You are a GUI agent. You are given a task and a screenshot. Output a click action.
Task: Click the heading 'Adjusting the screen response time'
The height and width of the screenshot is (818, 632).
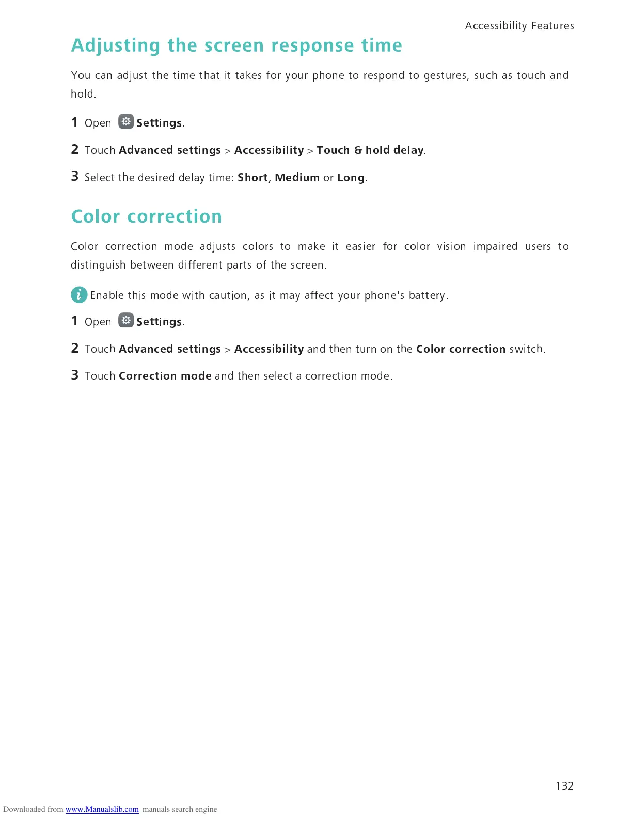236,45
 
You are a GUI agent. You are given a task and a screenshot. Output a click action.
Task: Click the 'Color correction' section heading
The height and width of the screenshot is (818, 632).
147,216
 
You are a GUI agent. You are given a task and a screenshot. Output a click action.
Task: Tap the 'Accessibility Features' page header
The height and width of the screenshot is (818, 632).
519,26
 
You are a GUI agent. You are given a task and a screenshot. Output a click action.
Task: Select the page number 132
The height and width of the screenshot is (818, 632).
564,785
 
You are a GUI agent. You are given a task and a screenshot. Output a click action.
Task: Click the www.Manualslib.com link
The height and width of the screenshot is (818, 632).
102,809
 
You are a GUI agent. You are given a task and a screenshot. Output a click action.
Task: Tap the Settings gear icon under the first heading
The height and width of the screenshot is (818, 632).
125,121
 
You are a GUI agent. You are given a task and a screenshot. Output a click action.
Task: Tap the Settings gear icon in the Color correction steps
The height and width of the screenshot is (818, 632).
125,320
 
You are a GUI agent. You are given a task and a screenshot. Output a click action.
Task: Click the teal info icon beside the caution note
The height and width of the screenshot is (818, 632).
78,295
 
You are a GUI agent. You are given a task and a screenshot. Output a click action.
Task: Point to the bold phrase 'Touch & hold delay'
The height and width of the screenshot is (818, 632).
370,150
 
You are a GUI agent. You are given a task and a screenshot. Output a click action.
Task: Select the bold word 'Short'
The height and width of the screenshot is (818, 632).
252,178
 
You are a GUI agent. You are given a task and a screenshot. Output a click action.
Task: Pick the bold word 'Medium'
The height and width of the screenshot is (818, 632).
297,178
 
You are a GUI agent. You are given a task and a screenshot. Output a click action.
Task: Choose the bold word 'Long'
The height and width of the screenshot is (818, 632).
351,178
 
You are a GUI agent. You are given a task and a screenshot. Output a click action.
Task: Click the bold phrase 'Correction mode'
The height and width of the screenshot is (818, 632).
165,376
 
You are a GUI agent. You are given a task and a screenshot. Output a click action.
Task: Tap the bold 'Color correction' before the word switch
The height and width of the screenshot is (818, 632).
461,349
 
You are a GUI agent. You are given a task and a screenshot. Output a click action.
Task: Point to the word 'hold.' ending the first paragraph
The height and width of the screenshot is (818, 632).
83,94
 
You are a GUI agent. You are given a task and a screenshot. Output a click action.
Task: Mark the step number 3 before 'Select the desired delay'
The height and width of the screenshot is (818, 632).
75,177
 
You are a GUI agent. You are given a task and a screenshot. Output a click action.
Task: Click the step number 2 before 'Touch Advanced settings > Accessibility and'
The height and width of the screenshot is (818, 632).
75,349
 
